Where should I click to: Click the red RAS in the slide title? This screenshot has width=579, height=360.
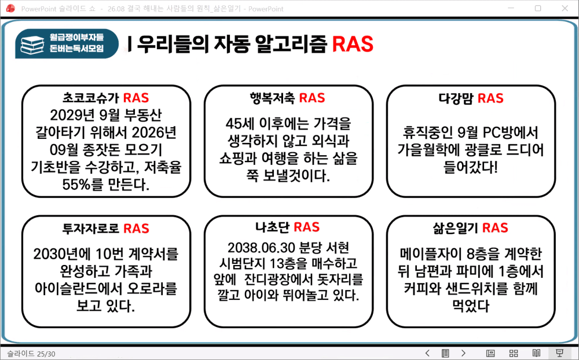click(x=353, y=44)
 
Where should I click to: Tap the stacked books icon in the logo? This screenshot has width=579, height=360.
click(x=32, y=45)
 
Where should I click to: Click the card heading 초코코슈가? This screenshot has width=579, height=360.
click(x=91, y=98)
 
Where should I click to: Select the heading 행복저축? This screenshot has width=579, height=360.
click(x=272, y=98)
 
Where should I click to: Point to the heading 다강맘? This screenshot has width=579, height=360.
click(x=456, y=98)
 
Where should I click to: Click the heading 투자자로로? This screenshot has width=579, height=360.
click(x=91, y=229)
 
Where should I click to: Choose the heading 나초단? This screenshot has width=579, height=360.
click(x=272, y=227)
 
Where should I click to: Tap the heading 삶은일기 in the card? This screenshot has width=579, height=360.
click(x=456, y=228)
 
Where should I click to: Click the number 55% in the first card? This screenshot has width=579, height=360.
click(x=76, y=184)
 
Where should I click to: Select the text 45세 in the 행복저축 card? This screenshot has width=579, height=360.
click(x=239, y=124)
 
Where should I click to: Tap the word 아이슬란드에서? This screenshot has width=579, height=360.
click(x=77, y=288)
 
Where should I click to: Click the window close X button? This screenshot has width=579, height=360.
click(x=565, y=8)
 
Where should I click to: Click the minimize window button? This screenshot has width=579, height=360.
click(x=511, y=8)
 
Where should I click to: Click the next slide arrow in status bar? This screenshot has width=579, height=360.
click(x=463, y=354)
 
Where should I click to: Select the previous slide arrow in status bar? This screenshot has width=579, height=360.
click(x=428, y=354)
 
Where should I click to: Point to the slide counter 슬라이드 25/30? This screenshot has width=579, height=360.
click(x=31, y=354)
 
